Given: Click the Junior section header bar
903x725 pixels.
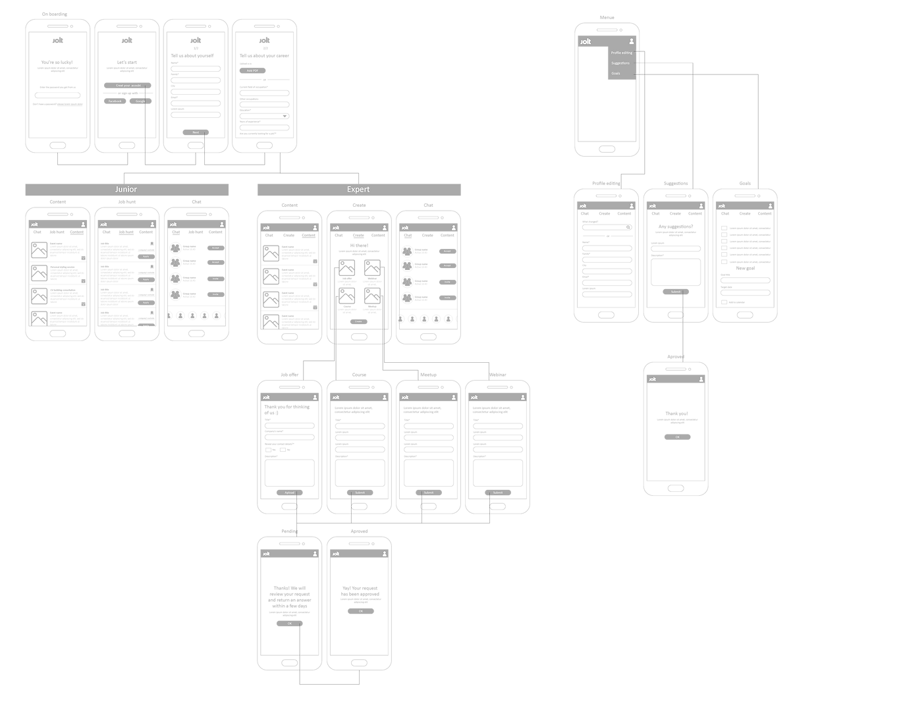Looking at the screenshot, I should (x=126, y=190).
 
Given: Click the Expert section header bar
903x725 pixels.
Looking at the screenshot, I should (x=358, y=190).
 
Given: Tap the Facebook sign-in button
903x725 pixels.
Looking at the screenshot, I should (x=116, y=101).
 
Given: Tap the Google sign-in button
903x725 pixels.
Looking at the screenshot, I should (x=140, y=101).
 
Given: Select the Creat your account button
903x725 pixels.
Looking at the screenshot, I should (x=127, y=86).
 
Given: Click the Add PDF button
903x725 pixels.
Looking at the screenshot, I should (x=253, y=70).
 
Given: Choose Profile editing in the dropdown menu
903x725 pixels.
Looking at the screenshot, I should (x=621, y=53).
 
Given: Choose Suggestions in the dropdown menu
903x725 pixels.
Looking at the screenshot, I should (x=620, y=63).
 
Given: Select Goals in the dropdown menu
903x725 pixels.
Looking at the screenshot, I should (x=616, y=74).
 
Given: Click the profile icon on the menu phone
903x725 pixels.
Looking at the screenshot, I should (x=632, y=41).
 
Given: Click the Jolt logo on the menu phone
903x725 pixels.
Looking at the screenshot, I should (x=586, y=41).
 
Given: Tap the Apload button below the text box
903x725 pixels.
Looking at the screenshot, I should (x=290, y=493).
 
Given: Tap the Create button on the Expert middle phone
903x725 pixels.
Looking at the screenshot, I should (x=359, y=322).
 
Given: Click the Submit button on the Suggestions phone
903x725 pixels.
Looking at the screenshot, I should (x=676, y=292).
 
